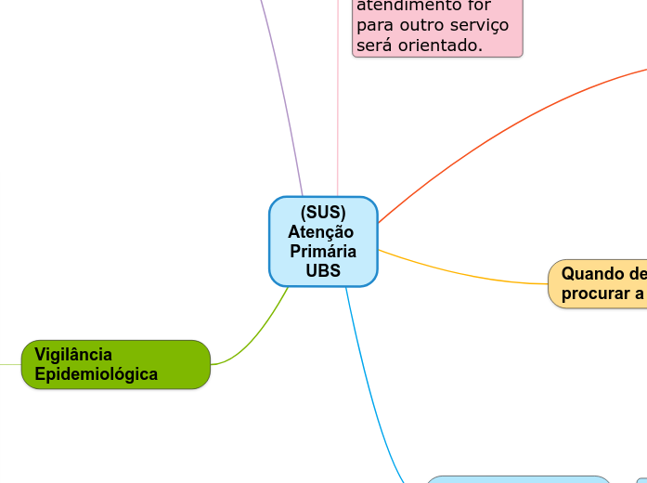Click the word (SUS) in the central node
323,213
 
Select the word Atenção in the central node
320,232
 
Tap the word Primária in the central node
323,252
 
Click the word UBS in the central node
323,271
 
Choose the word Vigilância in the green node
73,354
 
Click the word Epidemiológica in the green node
96,374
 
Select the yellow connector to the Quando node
464,276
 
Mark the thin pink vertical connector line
338,121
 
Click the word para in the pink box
374,26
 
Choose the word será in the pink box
375,45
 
